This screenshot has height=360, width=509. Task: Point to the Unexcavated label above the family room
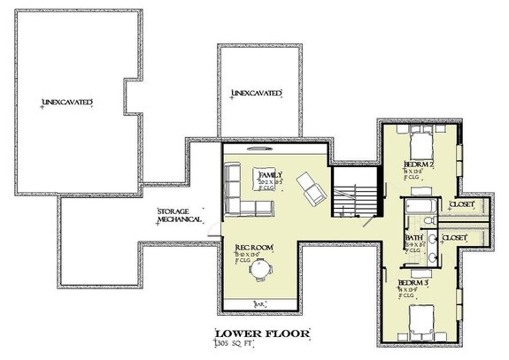coord(257,92)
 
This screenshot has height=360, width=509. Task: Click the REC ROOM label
coord(253,249)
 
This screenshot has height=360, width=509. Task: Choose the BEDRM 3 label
coord(415,284)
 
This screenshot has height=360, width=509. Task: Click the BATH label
coord(413,236)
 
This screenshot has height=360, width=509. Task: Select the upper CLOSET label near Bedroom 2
coord(461,204)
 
